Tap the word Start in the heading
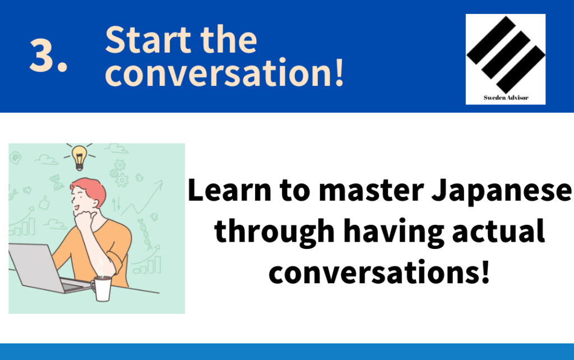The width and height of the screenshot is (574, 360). [148, 40]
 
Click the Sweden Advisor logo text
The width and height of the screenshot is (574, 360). [506, 98]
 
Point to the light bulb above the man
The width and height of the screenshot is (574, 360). [79, 157]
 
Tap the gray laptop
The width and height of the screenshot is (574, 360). [44, 269]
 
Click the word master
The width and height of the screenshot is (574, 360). [371, 191]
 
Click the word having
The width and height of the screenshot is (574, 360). [394, 232]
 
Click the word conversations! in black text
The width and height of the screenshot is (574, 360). [379, 272]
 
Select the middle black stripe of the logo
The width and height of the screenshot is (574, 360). [506, 54]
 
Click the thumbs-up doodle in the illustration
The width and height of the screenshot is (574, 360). [44, 202]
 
